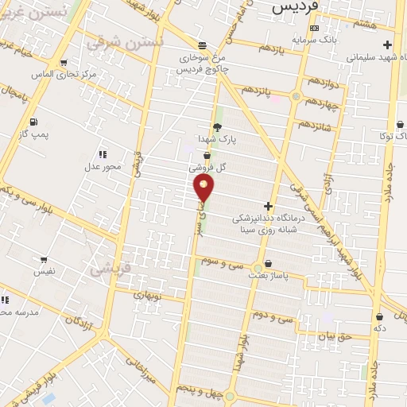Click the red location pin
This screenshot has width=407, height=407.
(x=204, y=189)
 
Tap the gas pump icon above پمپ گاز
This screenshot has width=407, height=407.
(x=33, y=122)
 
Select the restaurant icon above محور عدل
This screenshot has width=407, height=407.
(x=102, y=153)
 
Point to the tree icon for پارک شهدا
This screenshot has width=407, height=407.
(x=217, y=126)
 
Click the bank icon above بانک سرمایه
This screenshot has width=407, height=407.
(x=315, y=28)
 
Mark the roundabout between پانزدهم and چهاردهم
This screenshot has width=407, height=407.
(x=296, y=97)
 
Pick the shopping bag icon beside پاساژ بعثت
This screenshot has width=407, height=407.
(x=267, y=263)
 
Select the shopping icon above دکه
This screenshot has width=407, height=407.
(x=379, y=315)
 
